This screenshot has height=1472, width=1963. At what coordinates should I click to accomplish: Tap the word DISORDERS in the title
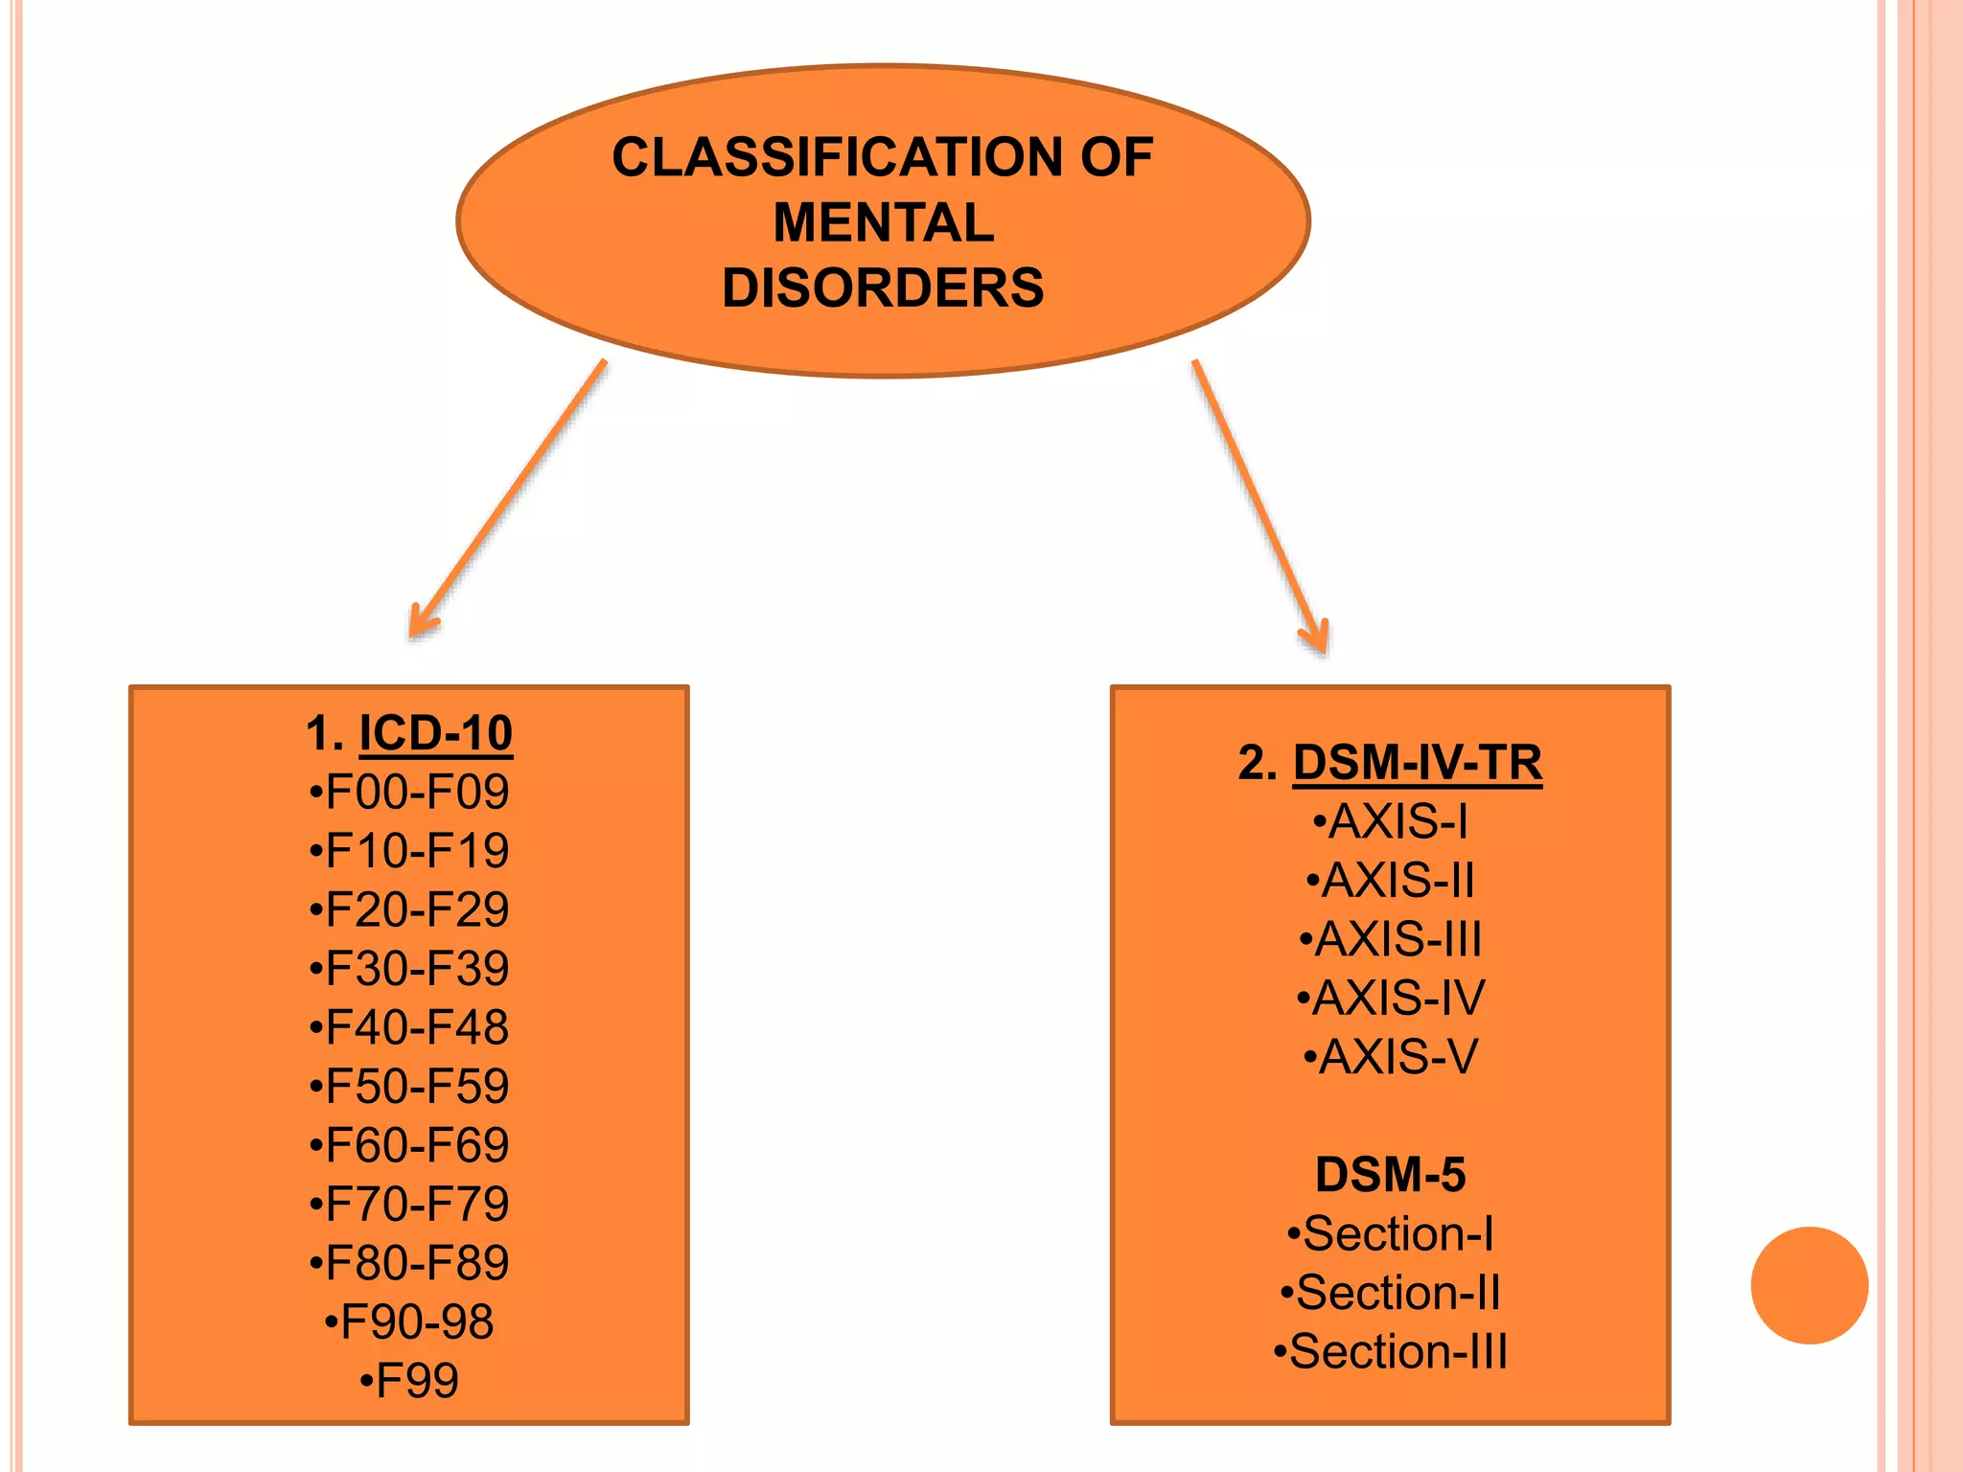click(x=883, y=287)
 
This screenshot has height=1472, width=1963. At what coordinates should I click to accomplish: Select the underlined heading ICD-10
click(x=435, y=734)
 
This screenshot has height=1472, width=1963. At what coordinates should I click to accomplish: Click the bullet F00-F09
click(x=409, y=793)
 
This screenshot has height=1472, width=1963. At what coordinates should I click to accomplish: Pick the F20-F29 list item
click(x=409, y=910)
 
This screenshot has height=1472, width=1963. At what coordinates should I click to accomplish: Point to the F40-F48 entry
click(x=409, y=1027)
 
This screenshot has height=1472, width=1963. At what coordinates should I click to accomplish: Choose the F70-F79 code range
click(x=409, y=1205)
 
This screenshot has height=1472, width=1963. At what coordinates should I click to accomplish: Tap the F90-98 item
click(x=409, y=1322)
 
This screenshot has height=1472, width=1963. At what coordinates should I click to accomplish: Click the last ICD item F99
click(x=409, y=1381)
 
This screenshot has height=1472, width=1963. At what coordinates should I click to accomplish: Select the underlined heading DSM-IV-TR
click(x=1417, y=764)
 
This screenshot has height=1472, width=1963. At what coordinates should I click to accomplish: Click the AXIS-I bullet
click(x=1390, y=822)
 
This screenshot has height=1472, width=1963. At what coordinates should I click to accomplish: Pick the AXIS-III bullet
click(x=1390, y=939)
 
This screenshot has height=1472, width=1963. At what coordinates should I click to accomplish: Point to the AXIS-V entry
click(x=1390, y=1057)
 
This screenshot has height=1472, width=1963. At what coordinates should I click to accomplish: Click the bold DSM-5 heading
click(x=1390, y=1175)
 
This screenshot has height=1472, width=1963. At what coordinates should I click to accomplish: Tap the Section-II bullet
click(x=1390, y=1293)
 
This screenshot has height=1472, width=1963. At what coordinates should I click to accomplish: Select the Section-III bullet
click(x=1390, y=1352)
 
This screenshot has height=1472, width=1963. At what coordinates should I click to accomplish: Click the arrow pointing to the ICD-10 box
click(x=508, y=498)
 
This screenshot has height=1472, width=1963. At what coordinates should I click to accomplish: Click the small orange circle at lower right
click(x=1809, y=1285)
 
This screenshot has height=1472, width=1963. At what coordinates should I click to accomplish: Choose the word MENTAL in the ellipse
click(x=883, y=222)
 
